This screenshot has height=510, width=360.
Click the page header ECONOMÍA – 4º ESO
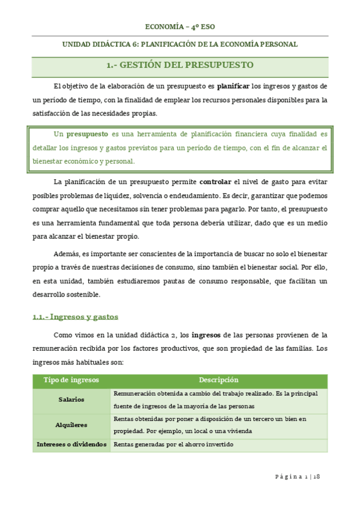click(x=180, y=26)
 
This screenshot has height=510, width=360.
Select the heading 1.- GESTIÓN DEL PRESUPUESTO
click(x=180, y=65)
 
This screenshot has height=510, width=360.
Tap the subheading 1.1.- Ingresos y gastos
click(x=75, y=316)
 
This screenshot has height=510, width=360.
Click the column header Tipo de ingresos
click(x=72, y=380)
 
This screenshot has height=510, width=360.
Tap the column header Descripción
click(x=219, y=380)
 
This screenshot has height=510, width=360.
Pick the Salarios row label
click(x=72, y=399)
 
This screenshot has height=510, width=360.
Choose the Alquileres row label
click(x=72, y=425)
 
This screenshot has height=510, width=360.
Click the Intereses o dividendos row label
click(x=72, y=444)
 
